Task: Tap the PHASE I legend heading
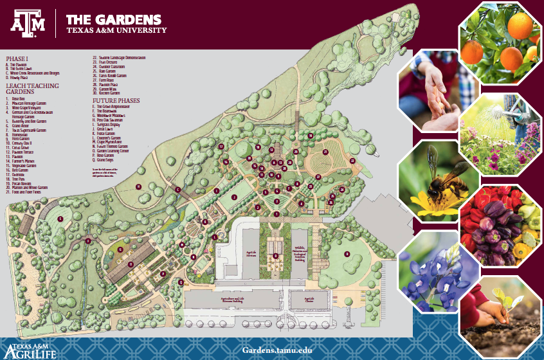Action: coord(17,58)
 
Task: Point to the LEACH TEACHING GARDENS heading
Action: coord(32,88)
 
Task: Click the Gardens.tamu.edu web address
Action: coord(278,350)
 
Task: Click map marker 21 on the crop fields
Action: coord(326,152)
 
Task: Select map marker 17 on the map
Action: coord(221,147)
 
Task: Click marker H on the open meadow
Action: coord(138,186)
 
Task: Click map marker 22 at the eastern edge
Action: coord(352,161)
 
